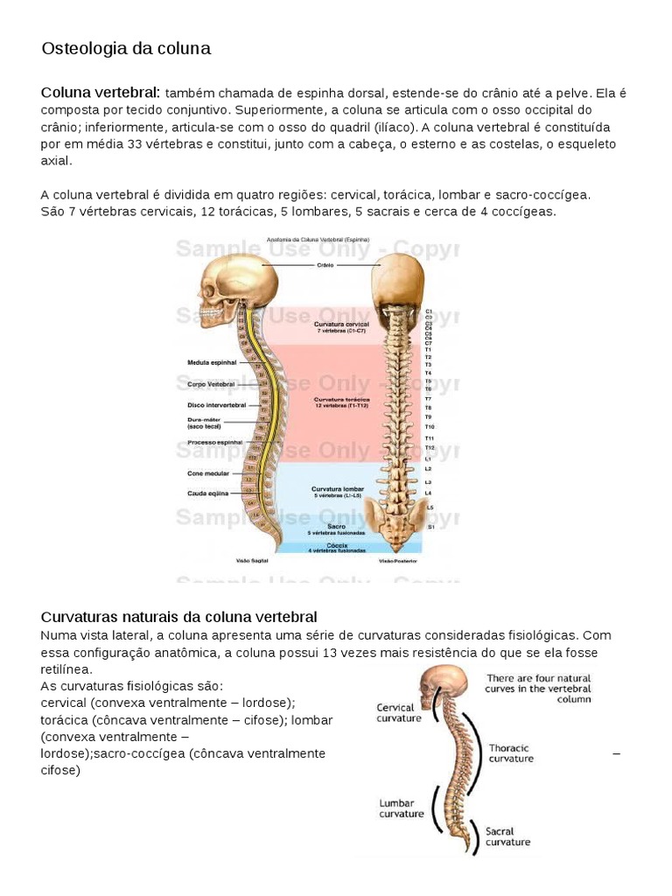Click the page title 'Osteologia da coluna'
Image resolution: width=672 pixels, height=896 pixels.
126,49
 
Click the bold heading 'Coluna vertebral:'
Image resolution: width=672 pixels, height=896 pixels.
101,93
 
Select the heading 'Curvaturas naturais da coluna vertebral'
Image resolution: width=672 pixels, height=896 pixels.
179,617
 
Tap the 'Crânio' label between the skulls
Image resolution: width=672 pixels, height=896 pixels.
324,263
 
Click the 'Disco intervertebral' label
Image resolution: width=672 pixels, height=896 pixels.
215,405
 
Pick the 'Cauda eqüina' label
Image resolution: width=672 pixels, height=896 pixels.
208,493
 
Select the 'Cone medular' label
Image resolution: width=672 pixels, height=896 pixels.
207,473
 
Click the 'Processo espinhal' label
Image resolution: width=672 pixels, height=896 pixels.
214,443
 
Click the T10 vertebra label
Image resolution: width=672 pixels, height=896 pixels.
430,426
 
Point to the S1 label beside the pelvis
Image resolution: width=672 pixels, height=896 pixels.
430,528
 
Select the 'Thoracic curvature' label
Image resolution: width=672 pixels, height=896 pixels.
511,753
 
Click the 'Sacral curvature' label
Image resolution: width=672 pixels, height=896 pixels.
508,836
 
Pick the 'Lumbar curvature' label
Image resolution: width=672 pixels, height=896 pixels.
402,808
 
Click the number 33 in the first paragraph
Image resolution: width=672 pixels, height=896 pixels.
135,143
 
